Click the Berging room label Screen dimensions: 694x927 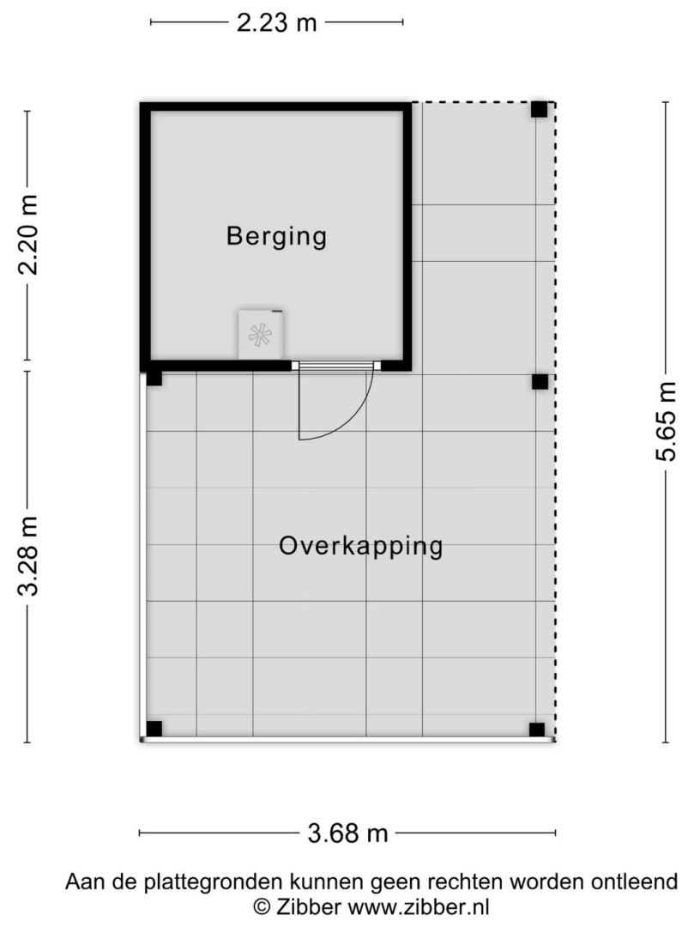276,236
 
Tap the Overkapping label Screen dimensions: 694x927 361,546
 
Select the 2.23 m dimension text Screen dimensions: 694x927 276,23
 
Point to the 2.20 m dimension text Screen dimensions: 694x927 28,234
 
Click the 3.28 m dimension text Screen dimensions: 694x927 28,555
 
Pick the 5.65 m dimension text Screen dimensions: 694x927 666,421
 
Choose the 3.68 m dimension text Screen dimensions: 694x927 348,833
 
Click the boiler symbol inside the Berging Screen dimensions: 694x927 261,335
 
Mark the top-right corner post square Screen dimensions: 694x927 539,109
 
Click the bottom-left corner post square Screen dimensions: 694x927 154,729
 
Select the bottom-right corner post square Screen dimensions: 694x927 537,730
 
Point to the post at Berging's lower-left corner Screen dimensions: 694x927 154,378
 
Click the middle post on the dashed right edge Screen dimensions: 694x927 540,382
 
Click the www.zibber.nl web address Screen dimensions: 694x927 419,906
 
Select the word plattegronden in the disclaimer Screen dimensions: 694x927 214,882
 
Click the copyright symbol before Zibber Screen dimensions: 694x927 263,906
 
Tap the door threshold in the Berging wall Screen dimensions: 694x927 336,366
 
